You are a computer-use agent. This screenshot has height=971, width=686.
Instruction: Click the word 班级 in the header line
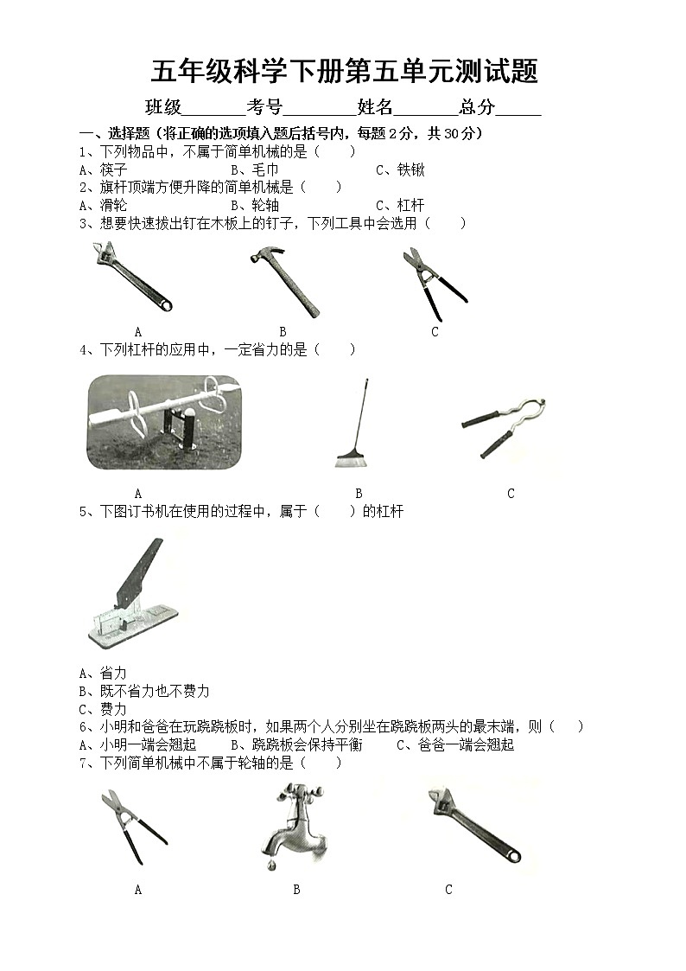(163, 107)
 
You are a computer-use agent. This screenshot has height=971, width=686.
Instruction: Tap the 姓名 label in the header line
(375, 107)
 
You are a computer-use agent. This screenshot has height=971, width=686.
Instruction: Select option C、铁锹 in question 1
(400, 170)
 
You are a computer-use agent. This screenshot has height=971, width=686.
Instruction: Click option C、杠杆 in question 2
(400, 205)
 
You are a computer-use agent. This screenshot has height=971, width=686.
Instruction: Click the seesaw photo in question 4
(164, 422)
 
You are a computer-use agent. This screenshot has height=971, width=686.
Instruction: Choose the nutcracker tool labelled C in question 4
(504, 424)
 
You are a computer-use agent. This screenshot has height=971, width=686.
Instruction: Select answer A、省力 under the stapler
(103, 673)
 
